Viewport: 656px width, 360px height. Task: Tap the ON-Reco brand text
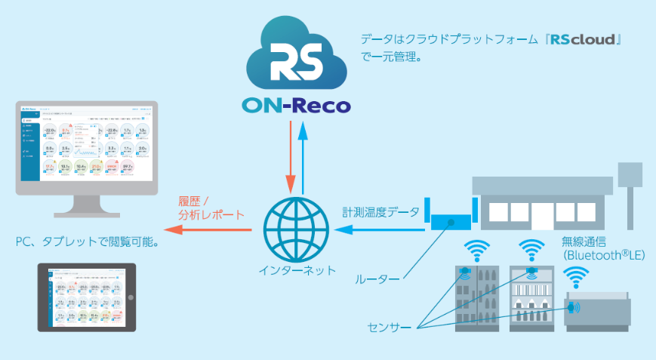click(297, 105)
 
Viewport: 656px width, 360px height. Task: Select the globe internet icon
click(296, 227)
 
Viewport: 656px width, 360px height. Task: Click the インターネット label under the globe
click(296, 269)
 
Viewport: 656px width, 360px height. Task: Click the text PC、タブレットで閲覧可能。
click(91, 245)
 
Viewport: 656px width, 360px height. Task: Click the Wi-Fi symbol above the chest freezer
click(577, 278)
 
